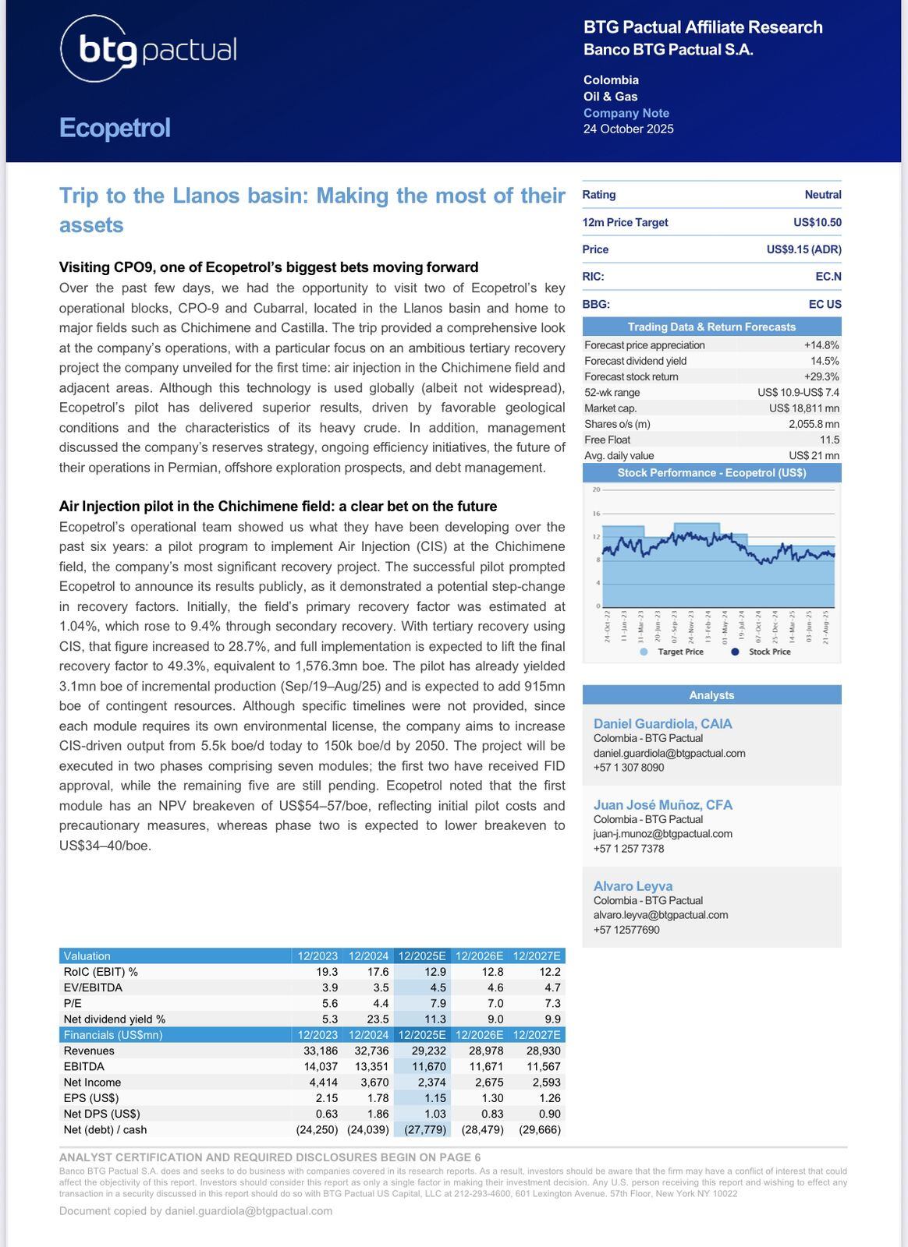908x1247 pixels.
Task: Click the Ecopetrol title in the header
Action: (x=115, y=128)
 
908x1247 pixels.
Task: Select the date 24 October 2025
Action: (x=628, y=129)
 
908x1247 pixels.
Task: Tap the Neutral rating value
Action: (x=823, y=195)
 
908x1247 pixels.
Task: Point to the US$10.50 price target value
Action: (x=817, y=222)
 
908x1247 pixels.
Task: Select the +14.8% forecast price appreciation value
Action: (x=821, y=345)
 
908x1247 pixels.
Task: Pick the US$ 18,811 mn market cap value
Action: (x=803, y=408)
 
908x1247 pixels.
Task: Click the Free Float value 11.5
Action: (x=829, y=440)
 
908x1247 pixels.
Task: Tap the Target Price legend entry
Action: (x=679, y=652)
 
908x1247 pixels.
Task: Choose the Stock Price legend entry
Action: (x=769, y=652)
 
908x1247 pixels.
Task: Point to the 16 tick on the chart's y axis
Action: (x=597, y=514)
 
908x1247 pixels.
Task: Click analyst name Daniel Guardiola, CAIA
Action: (x=662, y=724)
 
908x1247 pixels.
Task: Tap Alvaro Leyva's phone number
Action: (x=626, y=930)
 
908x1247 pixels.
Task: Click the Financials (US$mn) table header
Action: (x=112, y=1035)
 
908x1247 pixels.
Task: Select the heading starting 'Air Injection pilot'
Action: (x=278, y=507)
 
